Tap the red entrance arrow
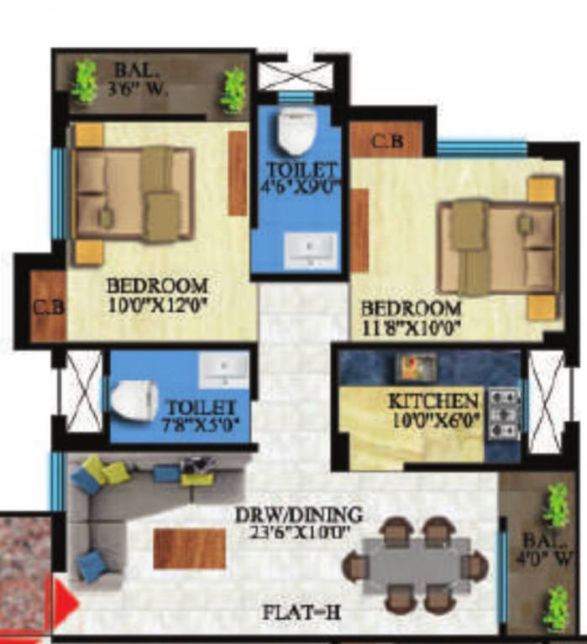(x=66, y=602)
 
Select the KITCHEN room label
(x=433, y=401)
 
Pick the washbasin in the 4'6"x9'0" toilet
(x=309, y=250)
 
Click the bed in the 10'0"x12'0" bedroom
(x=134, y=194)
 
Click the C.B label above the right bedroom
(x=386, y=141)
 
